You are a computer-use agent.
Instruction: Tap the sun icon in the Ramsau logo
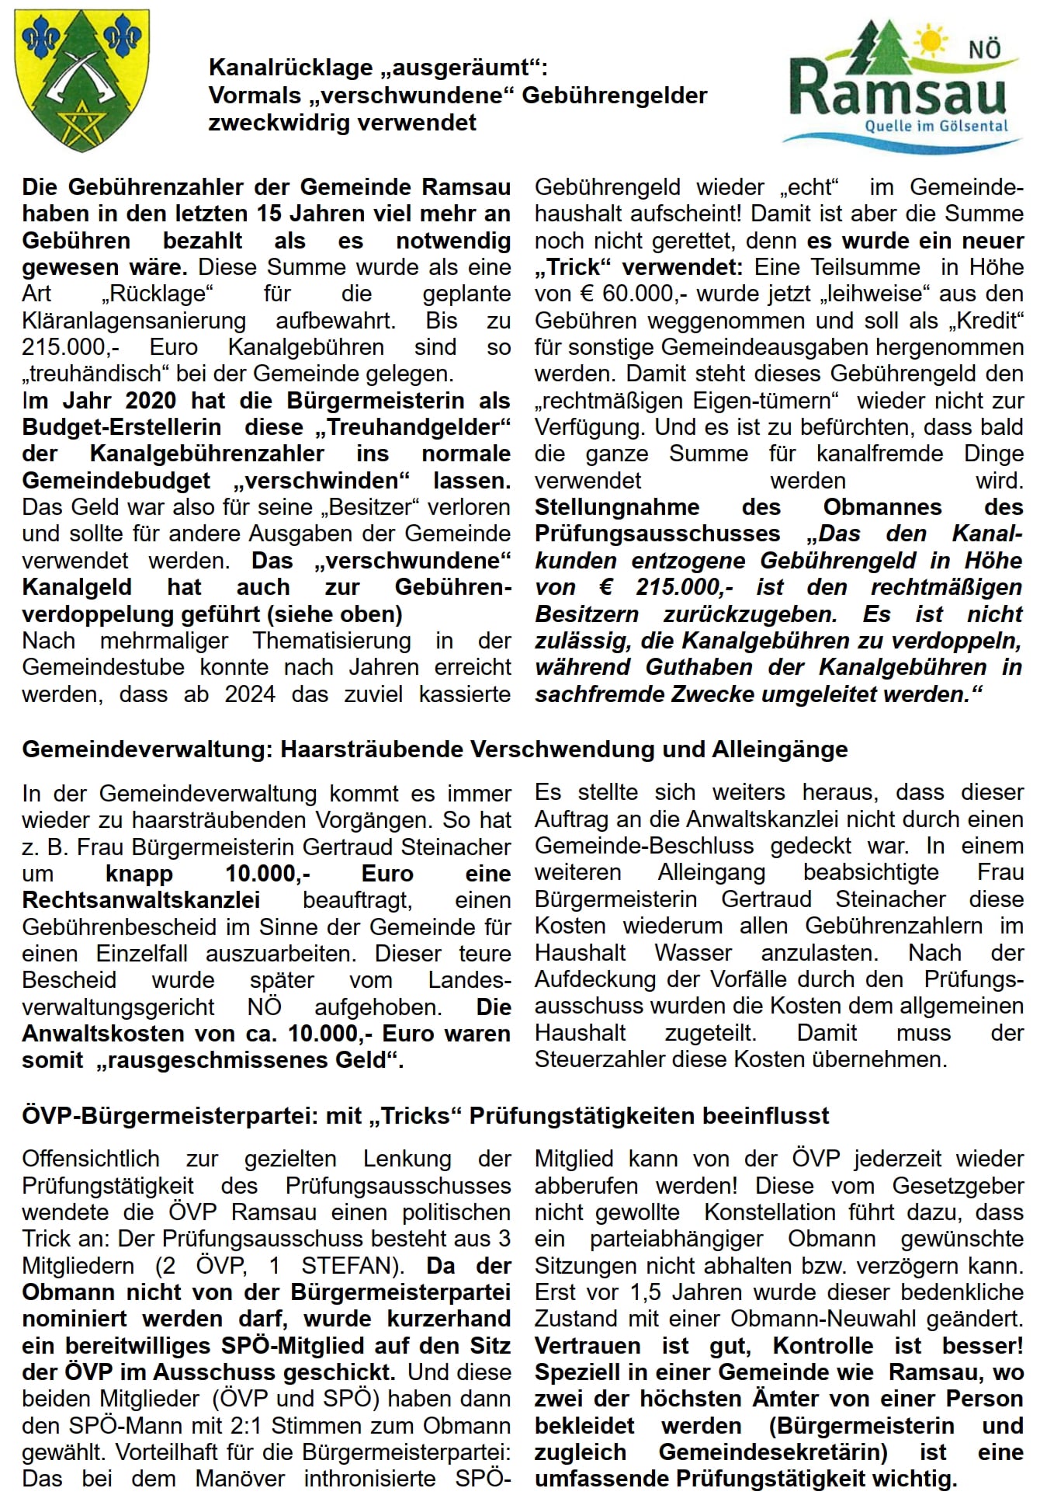pyautogui.click(x=930, y=40)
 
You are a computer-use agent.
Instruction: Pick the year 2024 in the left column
pyautogui.click(x=250, y=694)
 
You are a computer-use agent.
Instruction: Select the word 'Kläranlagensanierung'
pyautogui.click(x=133, y=321)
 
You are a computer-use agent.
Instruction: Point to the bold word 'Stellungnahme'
pyautogui.click(x=617, y=507)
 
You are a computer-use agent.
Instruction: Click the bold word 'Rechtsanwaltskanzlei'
pyautogui.click(x=141, y=900)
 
